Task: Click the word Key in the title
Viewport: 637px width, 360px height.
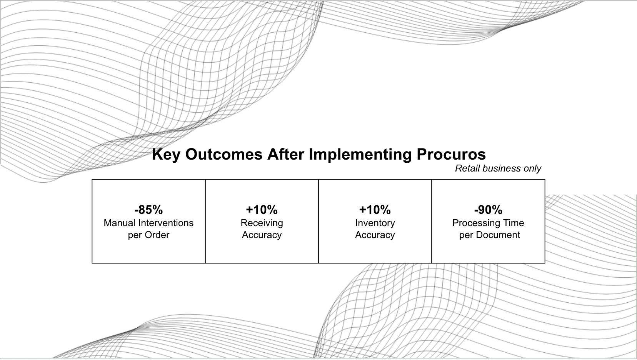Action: coord(166,155)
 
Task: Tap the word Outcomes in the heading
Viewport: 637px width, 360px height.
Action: coord(224,154)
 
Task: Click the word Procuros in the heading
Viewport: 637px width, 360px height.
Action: coord(451,154)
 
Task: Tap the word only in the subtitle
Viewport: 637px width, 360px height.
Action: coord(532,169)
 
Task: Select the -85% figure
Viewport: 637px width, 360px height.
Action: coord(148,210)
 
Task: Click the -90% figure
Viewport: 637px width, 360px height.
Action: coord(488,210)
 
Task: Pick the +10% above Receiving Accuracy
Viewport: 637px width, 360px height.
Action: coord(262,210)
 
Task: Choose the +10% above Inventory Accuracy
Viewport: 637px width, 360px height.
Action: coord(375,210)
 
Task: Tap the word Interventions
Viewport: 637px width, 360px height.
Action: coord(166,223)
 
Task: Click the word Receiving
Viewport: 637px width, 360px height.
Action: coord(262,223)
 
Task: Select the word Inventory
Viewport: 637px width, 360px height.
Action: coord(375,223)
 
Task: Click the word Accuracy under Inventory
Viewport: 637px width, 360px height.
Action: coord(375,235)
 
